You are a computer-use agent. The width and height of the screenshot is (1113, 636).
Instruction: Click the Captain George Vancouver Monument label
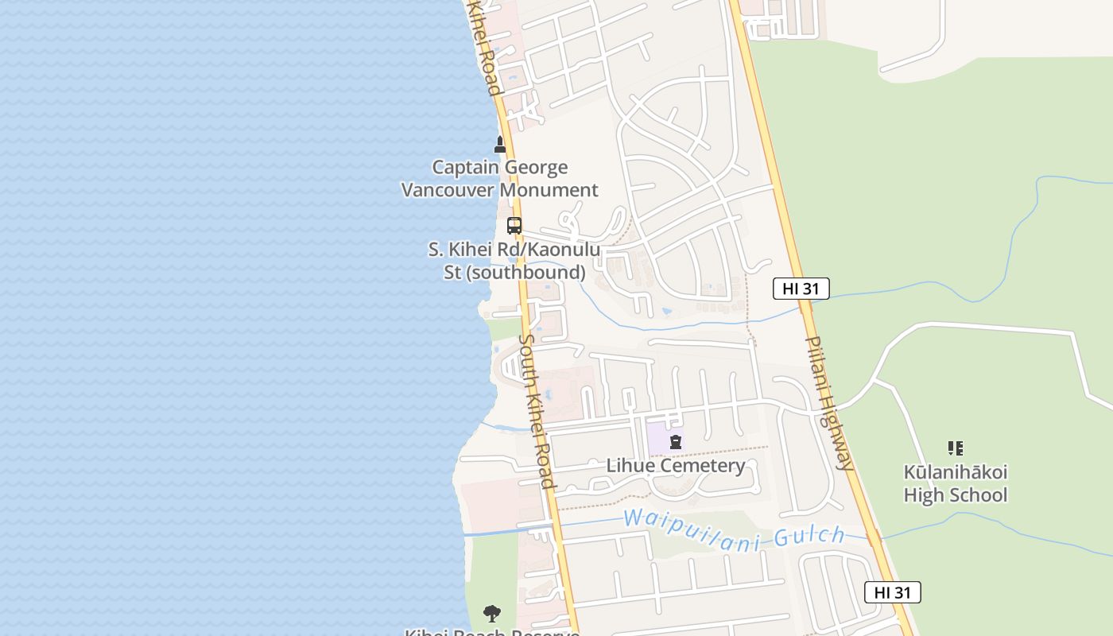499,178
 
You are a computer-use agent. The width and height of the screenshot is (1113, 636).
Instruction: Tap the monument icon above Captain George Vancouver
500,145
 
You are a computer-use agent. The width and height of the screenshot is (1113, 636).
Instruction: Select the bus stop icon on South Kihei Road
514,225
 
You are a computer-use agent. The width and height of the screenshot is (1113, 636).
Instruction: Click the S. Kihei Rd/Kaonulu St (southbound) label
514,261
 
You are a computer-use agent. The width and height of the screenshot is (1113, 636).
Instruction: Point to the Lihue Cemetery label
676,465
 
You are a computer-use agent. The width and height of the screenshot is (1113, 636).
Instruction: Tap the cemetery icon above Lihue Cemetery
676,442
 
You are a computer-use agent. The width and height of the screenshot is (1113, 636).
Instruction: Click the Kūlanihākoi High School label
955,483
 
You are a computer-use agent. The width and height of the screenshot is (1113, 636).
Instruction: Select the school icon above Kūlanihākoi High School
956,448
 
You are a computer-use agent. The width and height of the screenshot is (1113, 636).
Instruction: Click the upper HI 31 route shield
801,289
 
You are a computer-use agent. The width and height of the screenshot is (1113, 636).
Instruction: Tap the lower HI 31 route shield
892,592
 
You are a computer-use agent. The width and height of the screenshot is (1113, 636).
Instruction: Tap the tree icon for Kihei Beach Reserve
492,614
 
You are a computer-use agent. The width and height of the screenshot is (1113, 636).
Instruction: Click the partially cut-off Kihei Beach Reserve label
491,633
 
